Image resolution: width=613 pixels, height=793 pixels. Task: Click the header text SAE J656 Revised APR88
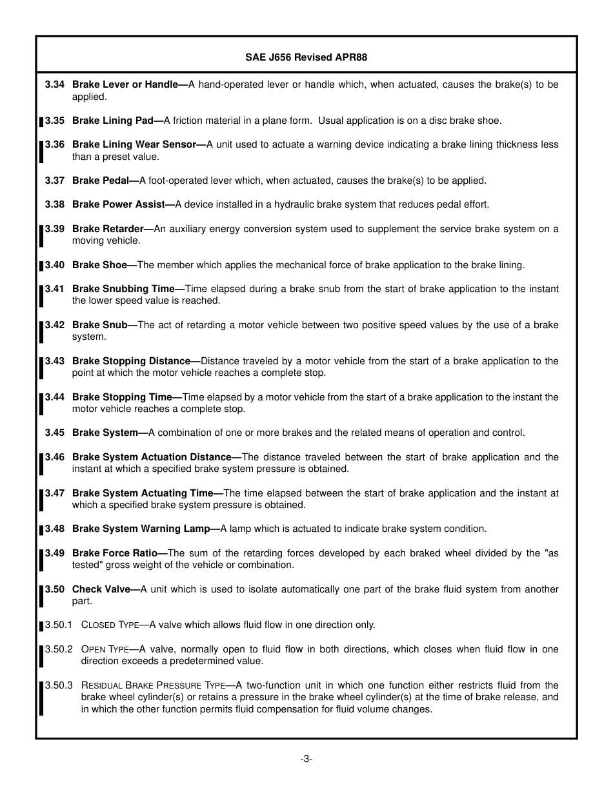point(306,57)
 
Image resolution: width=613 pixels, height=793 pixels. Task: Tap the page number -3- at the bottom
point(306,759)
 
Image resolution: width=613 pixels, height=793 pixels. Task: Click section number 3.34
point(55,84)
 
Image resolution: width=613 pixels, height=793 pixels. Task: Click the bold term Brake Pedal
point(101,181)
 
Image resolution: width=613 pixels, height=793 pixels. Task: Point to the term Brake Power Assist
point(119,204)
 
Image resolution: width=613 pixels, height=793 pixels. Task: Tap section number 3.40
point(55,265)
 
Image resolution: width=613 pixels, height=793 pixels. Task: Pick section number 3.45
point(55,433)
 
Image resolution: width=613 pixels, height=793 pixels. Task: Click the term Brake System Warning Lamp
point(141,529)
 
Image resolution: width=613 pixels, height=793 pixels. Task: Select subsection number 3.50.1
point(59,625)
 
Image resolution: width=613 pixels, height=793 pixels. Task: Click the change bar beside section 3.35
point(41,121)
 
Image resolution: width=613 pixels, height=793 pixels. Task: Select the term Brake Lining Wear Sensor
point(134,144)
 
